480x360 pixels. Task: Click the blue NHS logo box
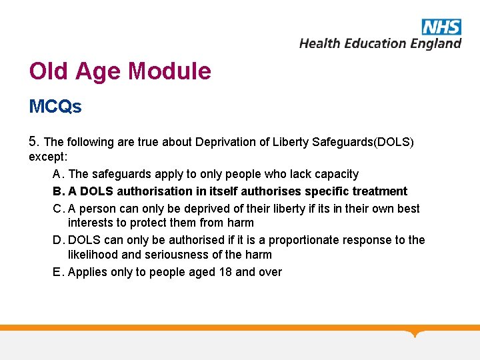(x=441, y=27)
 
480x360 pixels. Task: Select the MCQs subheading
(x=55, y=107)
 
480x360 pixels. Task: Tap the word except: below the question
(x=49, y=157)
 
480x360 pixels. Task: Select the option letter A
(x=57, y=174)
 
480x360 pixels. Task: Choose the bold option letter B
(x=57, y=191)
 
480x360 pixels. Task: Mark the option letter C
(x=57, y=209)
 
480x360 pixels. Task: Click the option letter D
(x=57, y=240)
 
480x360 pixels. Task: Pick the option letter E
(x=57, y=272)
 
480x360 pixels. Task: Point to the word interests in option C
(x=91, y=223)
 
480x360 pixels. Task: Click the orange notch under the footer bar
(x=416, y=333)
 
